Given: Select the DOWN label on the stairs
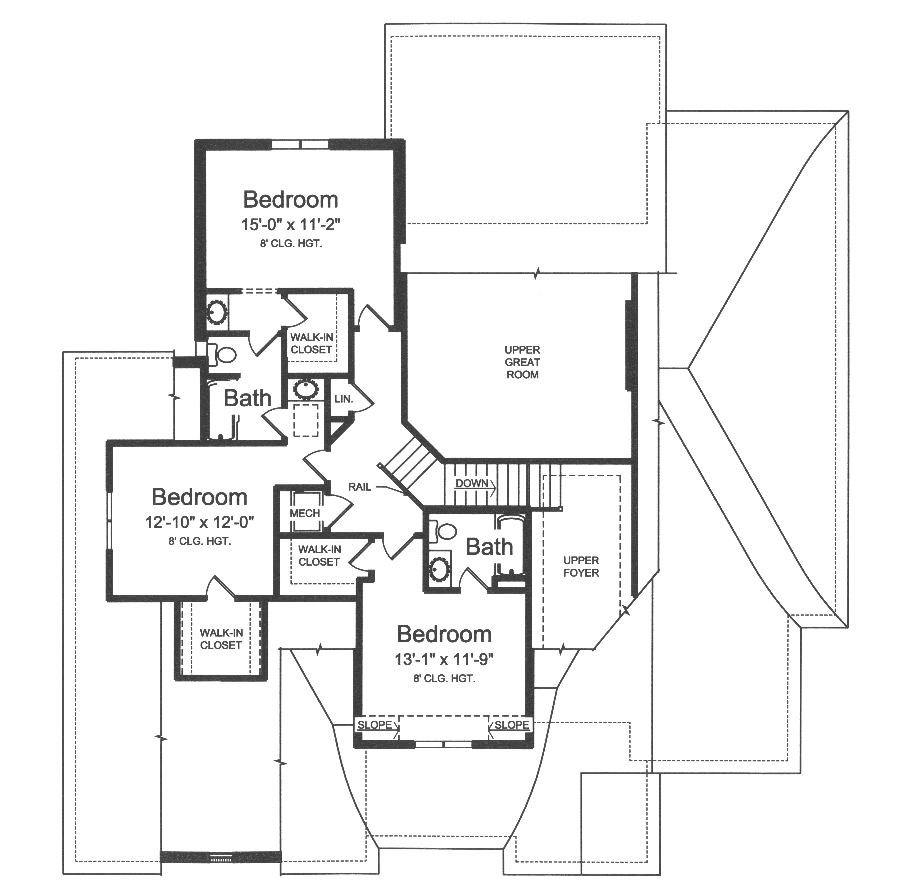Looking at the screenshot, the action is [472, 483].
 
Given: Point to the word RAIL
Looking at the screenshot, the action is [360, 487].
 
